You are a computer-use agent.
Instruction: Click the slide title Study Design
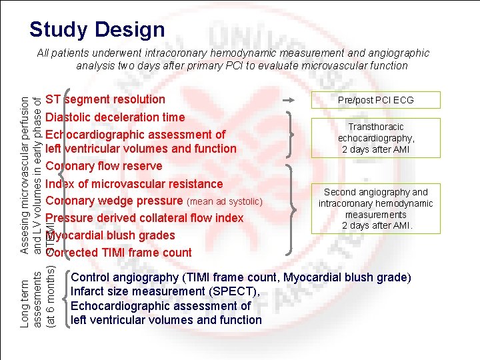[97, 29]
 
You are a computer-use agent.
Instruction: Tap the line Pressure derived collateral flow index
[145, 218]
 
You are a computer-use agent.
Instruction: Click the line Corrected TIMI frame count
[118, 253]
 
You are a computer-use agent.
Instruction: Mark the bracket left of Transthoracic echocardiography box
[293, 137]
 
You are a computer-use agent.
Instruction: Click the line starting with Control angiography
[241, 277]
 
